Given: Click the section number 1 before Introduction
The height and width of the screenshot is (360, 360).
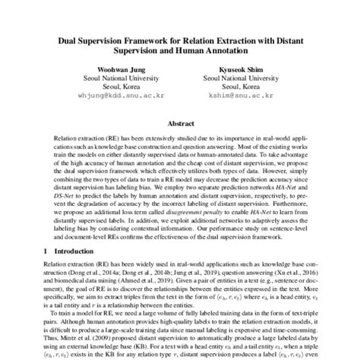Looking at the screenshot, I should pos(46,271).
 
